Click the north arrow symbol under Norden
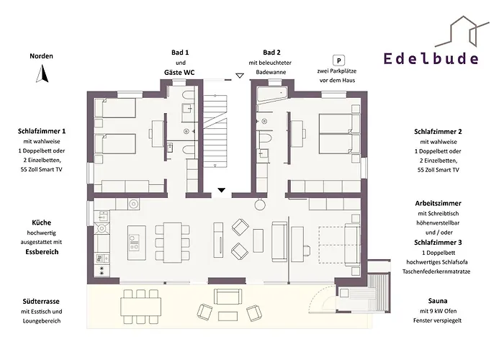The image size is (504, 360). point(42,73)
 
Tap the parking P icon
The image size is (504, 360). point(336,62)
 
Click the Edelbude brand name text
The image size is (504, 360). point(431,58)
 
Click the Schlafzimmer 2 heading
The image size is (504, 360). point(438,132)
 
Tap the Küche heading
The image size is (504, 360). point(41,222)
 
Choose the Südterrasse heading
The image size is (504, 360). point(41,300)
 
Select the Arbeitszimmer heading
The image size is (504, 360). point(438,204)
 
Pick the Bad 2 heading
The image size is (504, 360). point(271,53)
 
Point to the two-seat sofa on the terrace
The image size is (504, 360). point(229,297)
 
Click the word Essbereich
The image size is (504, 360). point(41,253)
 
